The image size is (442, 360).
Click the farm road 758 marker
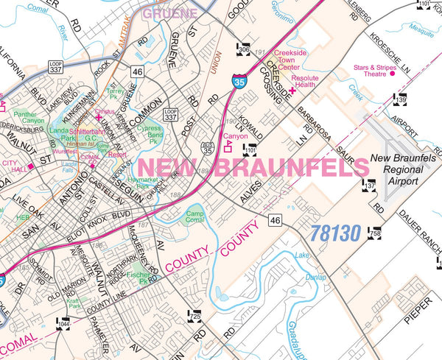coord(376,231)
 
